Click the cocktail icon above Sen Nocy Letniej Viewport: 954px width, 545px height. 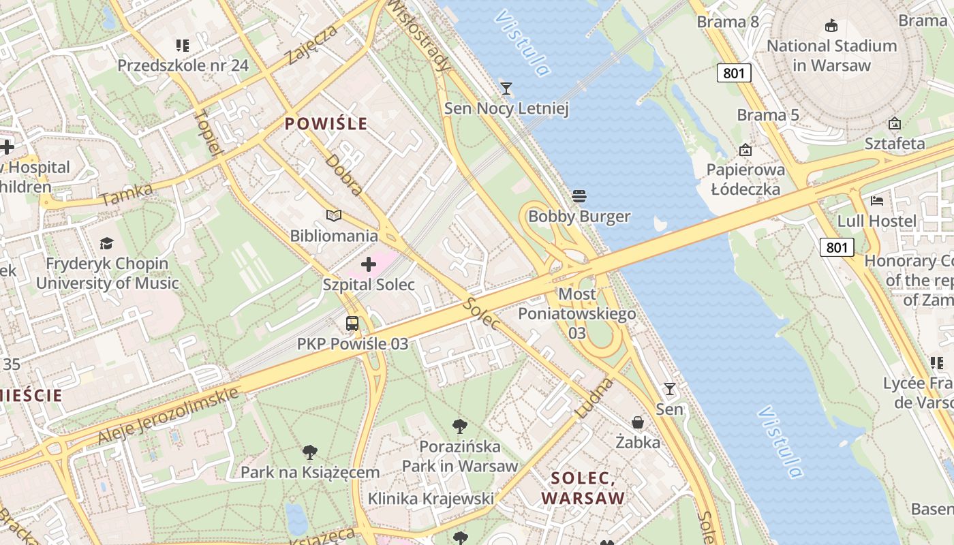pos(506,88)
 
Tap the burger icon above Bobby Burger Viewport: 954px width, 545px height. pos(579,197)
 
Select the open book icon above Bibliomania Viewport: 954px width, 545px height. pos(333,216)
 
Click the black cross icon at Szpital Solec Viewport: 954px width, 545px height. pos(369,264)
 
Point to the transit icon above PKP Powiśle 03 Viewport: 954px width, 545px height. pos(352,324)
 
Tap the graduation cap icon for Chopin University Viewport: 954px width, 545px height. pos(106,243)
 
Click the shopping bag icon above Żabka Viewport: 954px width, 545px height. pos(638,422)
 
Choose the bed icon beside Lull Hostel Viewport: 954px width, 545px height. pos(877,201)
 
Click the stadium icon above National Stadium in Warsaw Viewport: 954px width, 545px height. pos(831,26)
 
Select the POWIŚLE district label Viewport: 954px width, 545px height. pos(326,124)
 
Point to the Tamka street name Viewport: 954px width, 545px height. pos(126,194)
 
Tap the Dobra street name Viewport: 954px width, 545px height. pos(344,174)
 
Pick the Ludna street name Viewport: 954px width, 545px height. pos(594,399)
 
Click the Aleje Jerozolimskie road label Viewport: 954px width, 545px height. pos(168,415)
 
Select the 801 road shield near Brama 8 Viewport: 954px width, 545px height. pos(734,72)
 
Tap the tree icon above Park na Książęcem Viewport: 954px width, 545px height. pos(310,452)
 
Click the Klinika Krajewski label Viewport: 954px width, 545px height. pos(431,499)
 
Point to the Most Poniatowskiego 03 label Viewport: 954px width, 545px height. pos(577,313)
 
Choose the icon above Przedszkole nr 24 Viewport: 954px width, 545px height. pos(182,46)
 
